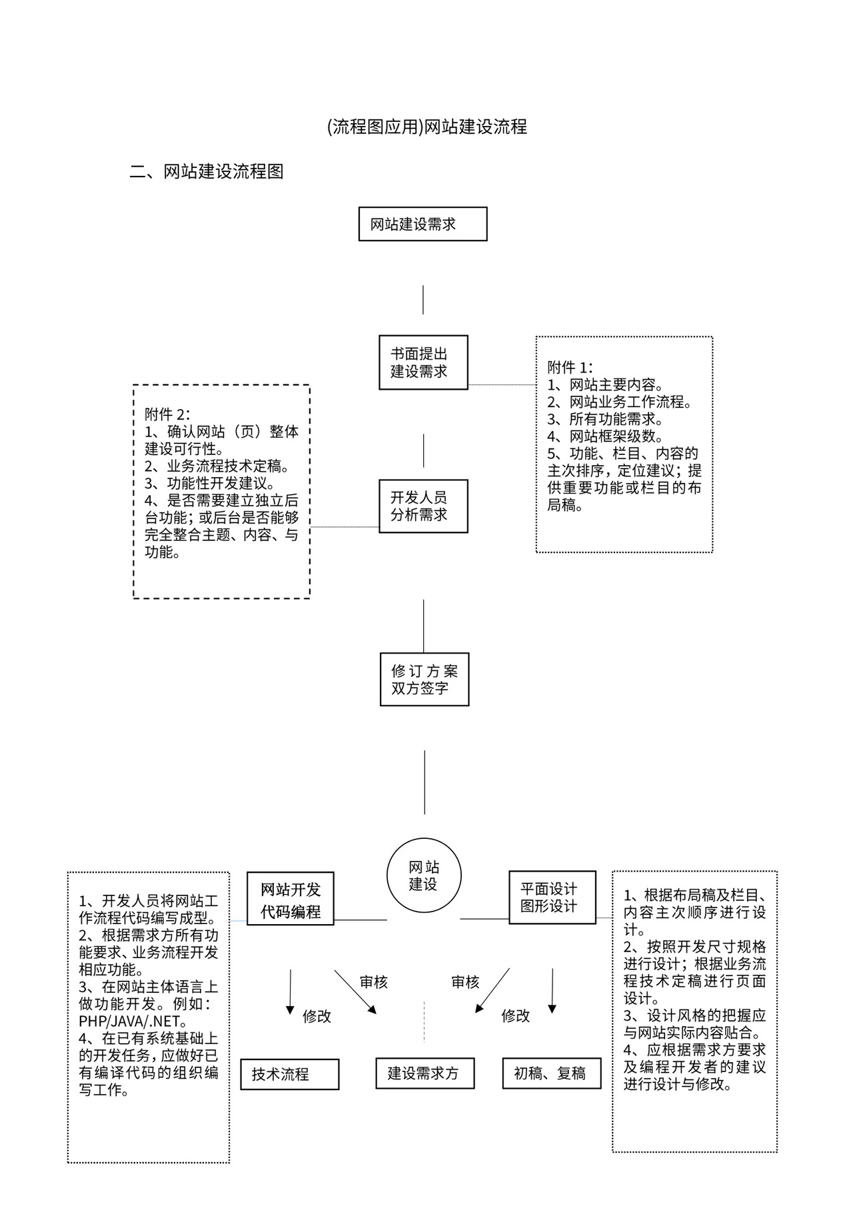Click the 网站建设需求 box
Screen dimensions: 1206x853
(x=423, y=224)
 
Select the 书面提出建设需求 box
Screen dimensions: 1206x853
(x=423, y=362)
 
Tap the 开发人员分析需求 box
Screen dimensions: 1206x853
(x=423, y=506)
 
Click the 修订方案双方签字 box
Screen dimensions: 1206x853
(x=425, y=679)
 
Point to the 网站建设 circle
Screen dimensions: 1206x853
(x=424, y=876)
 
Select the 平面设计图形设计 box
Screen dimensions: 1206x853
(x=552, y=897)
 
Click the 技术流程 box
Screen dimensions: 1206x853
(x=289, y=1074)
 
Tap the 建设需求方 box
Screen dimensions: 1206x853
(x=425, y=1073)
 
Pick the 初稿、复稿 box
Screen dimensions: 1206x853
(x=551, y=1073)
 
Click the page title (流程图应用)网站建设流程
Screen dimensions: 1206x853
(x=427, y=127)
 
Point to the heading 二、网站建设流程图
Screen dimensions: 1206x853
(x=207, y=171)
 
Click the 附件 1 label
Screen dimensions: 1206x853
(x=570, y=367)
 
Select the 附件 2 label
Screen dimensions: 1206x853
(x=167, y=414)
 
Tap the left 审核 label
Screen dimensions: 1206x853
(x=373, y=981)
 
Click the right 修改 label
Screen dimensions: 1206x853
(x=516, y=1015)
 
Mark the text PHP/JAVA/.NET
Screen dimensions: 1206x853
(x=131, y=1021)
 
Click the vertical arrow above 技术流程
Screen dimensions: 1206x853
(x=290, y=991)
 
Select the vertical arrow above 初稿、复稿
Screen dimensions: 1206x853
(x=552, y=990)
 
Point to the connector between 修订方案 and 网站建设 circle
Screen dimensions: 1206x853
(x=425, y=782)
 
